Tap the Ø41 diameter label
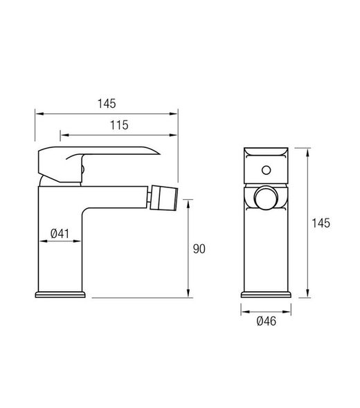(x=60, y=234)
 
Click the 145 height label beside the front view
(x=320, y=223)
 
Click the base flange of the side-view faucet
(x=60, y=295)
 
